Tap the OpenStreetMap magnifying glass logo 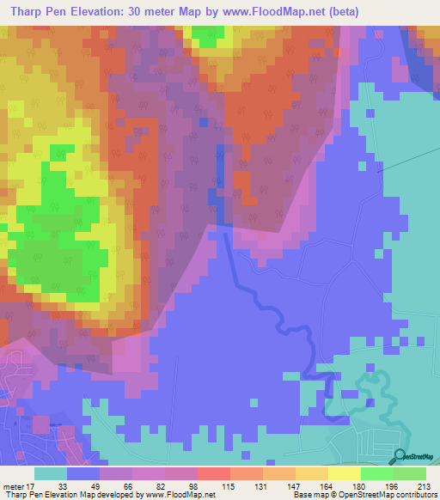coord(400,456)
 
